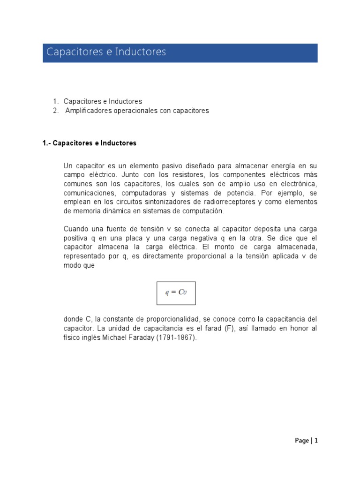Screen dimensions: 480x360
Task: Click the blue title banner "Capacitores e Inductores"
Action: click(180, 52)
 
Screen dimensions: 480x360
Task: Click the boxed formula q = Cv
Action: click(176, 293)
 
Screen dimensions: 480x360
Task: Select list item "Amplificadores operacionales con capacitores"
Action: click(137, 111)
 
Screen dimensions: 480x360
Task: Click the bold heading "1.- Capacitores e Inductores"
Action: click(90, 143)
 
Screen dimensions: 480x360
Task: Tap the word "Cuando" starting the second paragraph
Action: click(75, 229)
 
